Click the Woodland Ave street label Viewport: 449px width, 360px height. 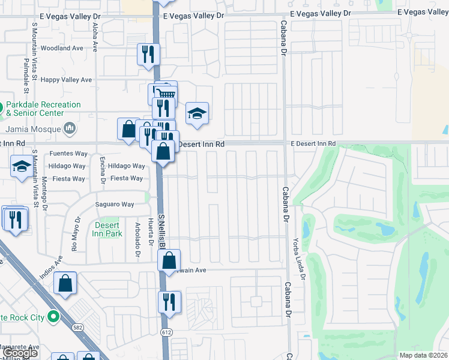tap(62, 48)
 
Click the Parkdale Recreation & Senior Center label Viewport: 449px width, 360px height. tap(43, 109)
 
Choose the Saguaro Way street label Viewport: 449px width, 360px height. tap(115, 205)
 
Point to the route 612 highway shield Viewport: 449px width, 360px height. tap(166, 331)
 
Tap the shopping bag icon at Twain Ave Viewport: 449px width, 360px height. tap(169, 260)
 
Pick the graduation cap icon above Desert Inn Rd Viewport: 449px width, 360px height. tap(196, 114)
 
